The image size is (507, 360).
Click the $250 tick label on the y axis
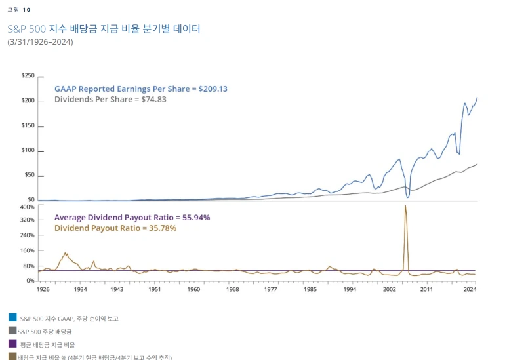click(28, 75)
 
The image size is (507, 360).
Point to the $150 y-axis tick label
click(28, 125)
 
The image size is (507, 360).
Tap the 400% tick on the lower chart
click(28, 207)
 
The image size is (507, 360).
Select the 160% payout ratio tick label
click(28, 250)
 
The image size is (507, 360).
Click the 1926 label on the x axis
click(43, 289)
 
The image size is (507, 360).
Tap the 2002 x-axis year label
click(390, 289)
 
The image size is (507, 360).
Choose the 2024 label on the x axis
click(470, 289)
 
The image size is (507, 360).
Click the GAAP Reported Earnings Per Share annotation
click(140, 89)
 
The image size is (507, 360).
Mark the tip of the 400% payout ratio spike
click(405, 205)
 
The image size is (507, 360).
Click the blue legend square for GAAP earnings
click(12, 317)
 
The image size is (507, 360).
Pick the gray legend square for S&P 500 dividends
click(12, 330)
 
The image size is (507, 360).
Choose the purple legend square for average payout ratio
click(12, 344)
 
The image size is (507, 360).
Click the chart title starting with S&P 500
click(104, 29)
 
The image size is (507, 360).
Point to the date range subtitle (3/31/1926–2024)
click(40, 42)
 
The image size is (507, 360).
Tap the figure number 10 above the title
click(26, 10)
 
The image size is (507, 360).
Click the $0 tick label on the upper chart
click(31, 199)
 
